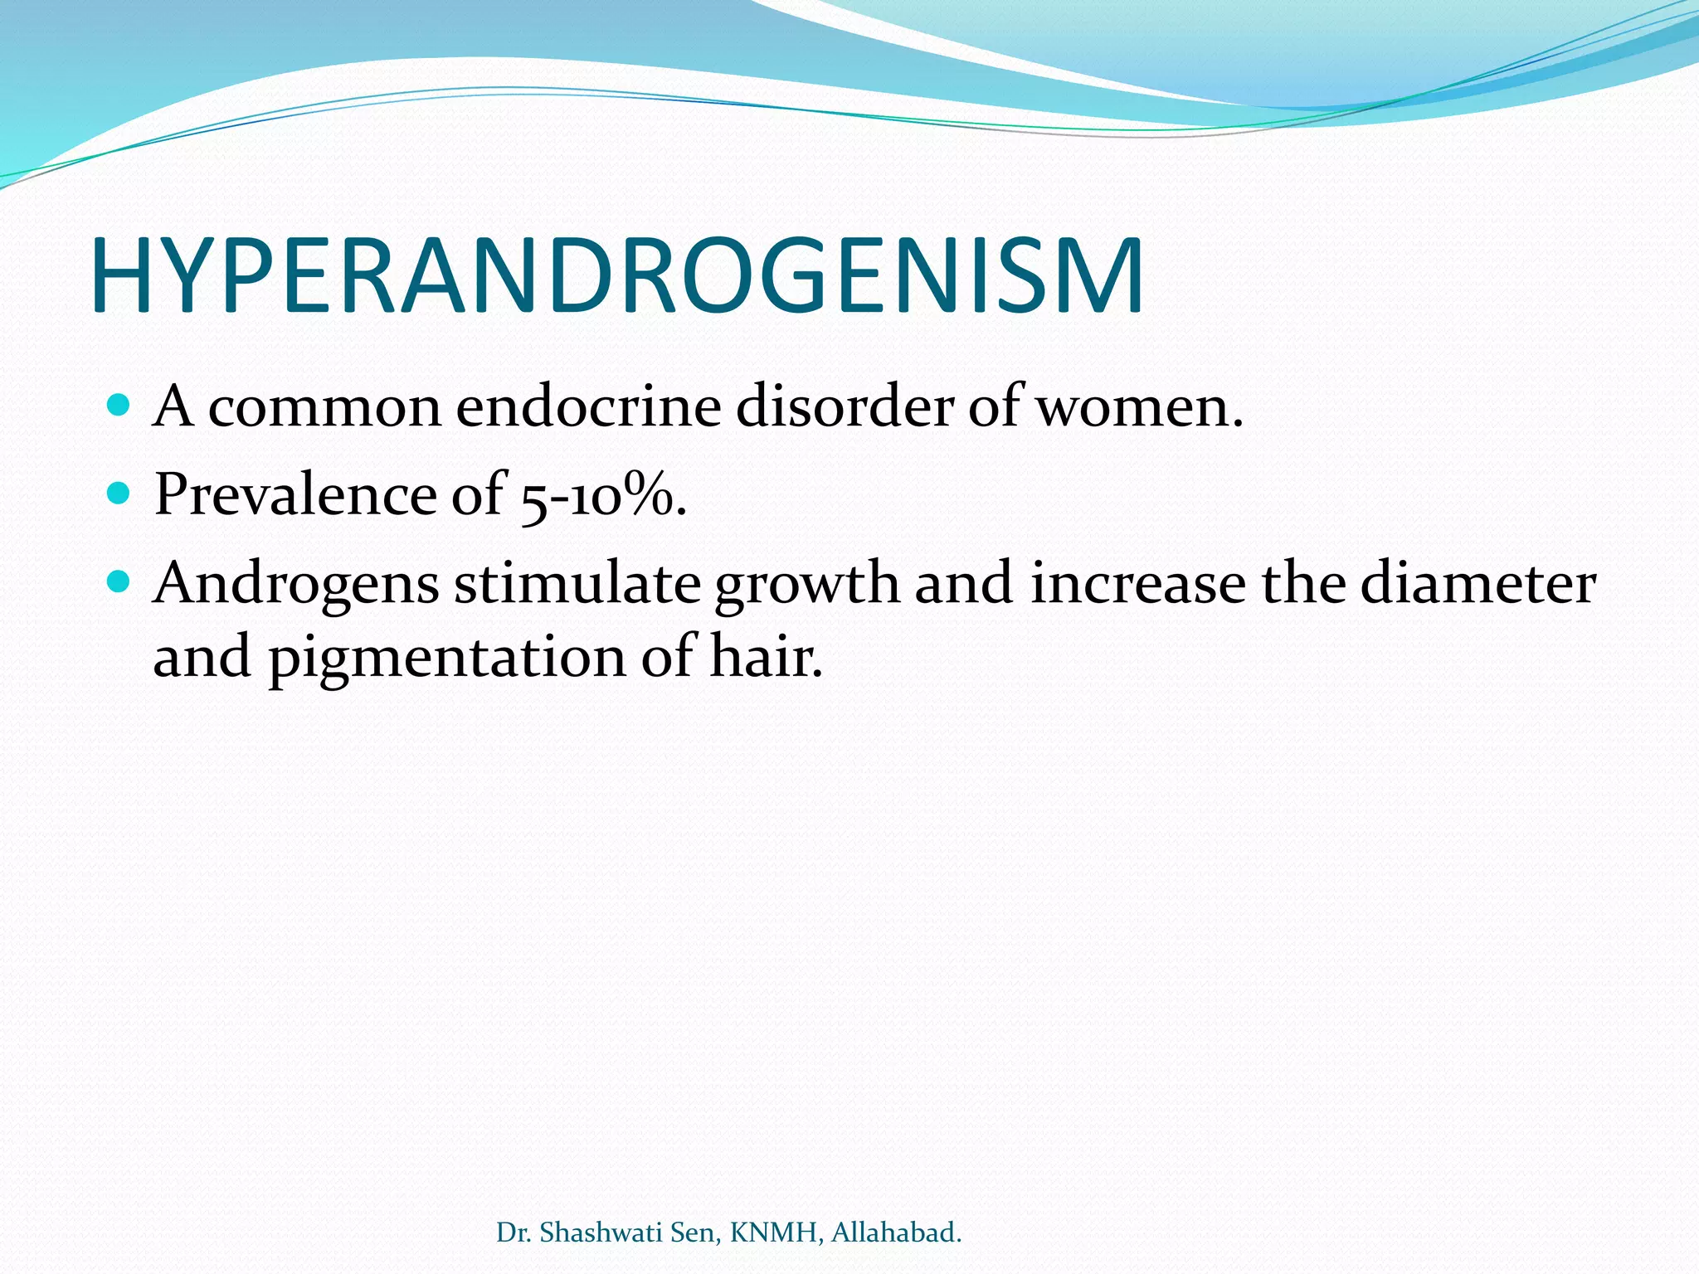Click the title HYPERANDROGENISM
coord(618,276)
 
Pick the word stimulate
coord(577,583)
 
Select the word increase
coord(1137,583)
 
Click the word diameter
coord(1477,583)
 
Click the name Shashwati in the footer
coord(601,1233)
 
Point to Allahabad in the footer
coord(895,1233)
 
